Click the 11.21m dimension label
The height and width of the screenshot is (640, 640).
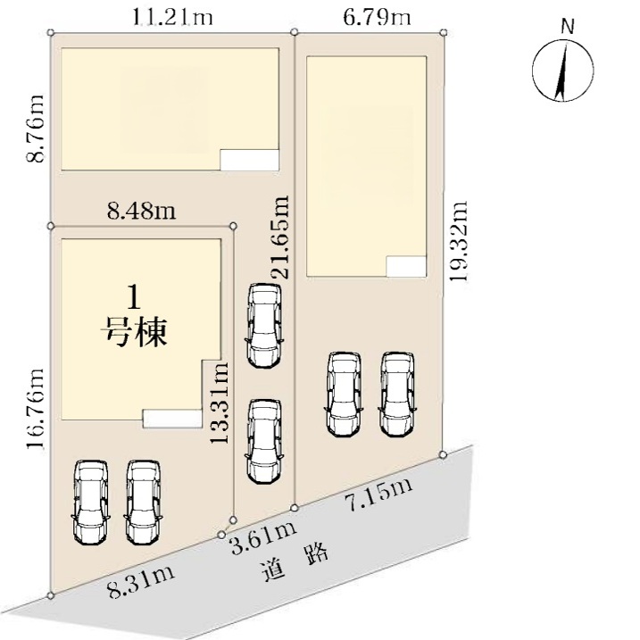pos(172,18)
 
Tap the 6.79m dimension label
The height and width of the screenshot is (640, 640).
pos(377,18)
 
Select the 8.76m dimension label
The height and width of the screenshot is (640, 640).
pos(35,129)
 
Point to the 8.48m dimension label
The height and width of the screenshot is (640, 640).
pos(142,212)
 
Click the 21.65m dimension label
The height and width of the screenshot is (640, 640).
pos(281,237)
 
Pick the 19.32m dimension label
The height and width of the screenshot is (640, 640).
pos(458,241)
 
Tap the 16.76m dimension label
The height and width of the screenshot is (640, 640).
pos(35,409)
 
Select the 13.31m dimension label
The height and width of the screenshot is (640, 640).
pos(219,403)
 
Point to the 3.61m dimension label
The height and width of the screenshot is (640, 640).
pos(263,538)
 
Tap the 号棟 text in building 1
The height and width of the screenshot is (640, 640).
pos(134,332)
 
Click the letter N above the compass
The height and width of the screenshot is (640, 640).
pos(568,27)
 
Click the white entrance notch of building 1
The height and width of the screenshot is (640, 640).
pos(172,420)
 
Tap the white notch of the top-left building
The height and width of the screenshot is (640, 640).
pos(250,160)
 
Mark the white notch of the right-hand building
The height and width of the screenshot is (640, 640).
pos(406,267)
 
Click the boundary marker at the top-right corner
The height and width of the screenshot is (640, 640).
pos(445,32)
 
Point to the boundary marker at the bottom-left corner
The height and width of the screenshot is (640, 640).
pos(50,596)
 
